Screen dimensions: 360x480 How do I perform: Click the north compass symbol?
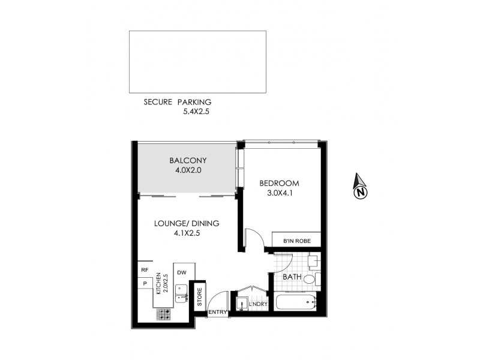360,187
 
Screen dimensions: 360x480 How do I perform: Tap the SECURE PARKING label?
177,102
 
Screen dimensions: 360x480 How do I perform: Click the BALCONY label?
188,160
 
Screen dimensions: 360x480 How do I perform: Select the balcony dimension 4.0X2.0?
188,170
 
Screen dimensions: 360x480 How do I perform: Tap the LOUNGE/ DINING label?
187,224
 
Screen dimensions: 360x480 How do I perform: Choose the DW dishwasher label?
182,273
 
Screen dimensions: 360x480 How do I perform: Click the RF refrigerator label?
144,270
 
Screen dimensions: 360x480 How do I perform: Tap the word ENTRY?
217,312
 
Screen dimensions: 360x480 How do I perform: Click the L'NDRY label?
257,305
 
